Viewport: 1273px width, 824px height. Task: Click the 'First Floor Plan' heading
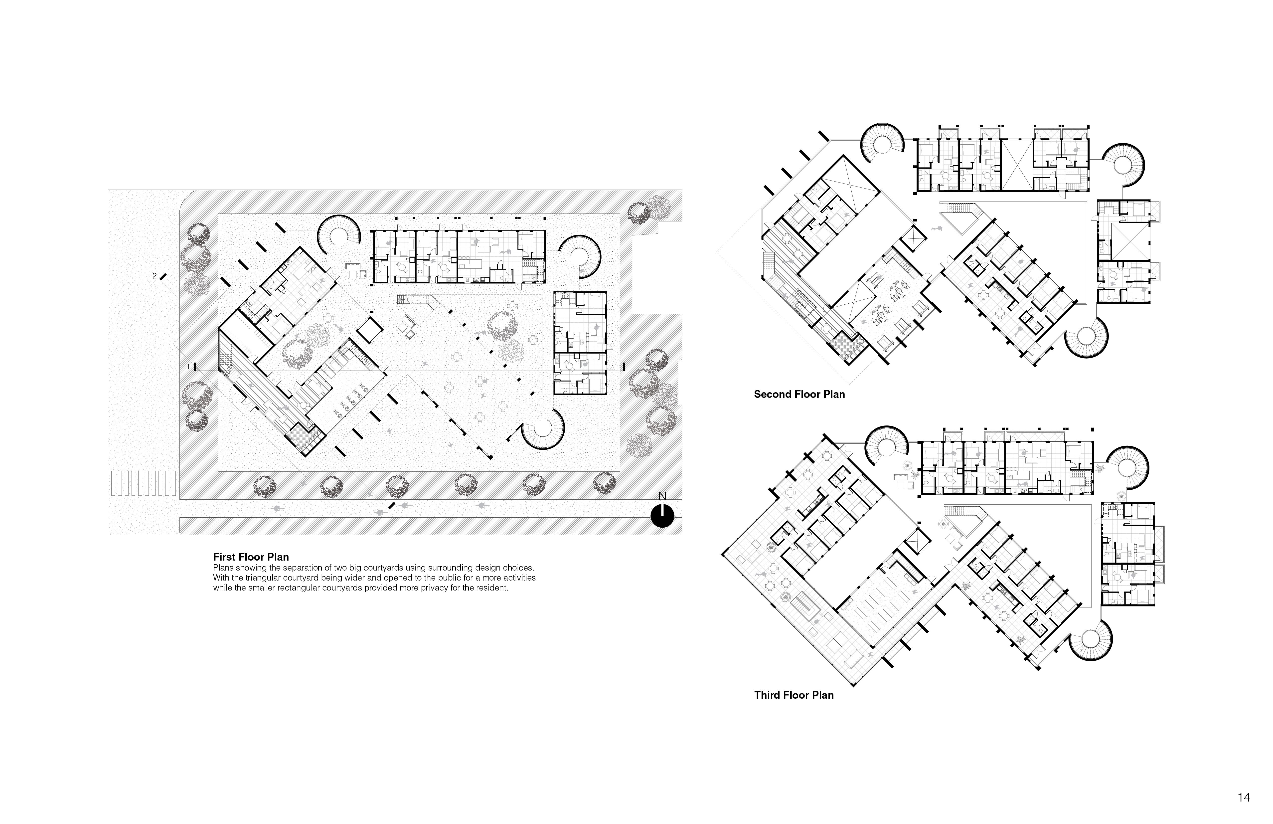(x=251, y=557)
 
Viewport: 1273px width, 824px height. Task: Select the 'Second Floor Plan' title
(x=799, y=394)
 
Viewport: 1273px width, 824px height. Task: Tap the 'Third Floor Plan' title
(x=794, y=695)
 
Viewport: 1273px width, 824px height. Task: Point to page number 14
(x=1244, y=797)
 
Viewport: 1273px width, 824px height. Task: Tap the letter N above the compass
(x=662, y=496)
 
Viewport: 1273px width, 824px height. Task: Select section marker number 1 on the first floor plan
(x=188, y=367)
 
